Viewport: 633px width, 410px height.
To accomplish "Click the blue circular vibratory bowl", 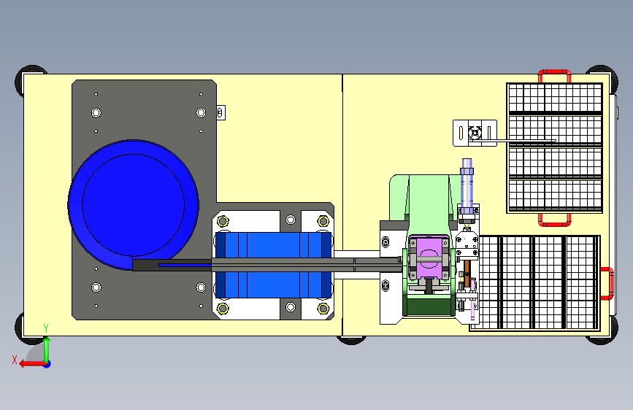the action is (x=133, y=204).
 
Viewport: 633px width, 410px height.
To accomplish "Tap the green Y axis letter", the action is (x=46, y=328).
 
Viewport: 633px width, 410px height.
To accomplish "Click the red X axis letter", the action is (x=15, y=360).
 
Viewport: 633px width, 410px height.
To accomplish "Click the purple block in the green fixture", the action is (x=429, y=258).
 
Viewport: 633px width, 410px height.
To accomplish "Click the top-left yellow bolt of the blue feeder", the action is (x=223, y=221).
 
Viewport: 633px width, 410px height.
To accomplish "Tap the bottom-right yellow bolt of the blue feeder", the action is (x=323, y=309).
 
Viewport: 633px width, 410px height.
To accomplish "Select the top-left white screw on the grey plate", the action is (x=96, y=112).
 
